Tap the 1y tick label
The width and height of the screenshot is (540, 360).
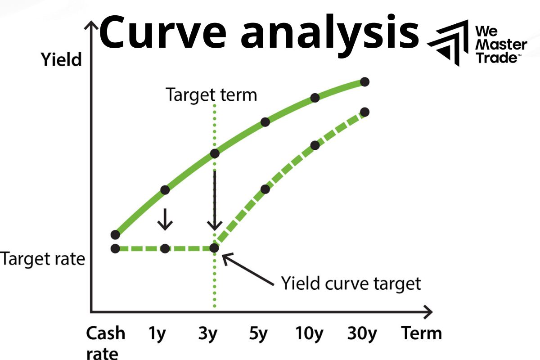coord(157,333)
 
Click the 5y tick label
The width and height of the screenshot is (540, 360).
coord(259,333)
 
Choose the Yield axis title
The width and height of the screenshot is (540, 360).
coord(61,59)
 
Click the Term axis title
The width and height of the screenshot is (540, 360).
coord(421,333)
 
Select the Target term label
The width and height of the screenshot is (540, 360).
coord(211,95)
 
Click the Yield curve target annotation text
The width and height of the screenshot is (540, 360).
coord(351,283)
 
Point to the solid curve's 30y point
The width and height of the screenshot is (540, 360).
coord(365,82)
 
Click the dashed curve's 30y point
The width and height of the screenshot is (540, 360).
coord(365,112)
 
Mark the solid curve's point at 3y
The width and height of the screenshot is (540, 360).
coord(215,153)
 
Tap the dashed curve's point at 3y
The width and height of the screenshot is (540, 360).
coord(215,248)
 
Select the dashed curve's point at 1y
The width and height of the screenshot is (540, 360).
coord(165,248)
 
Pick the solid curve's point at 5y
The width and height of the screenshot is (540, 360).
coord(265,121)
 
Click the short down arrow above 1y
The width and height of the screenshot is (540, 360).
coord(165,219)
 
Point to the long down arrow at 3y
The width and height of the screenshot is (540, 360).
coord(215,200)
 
